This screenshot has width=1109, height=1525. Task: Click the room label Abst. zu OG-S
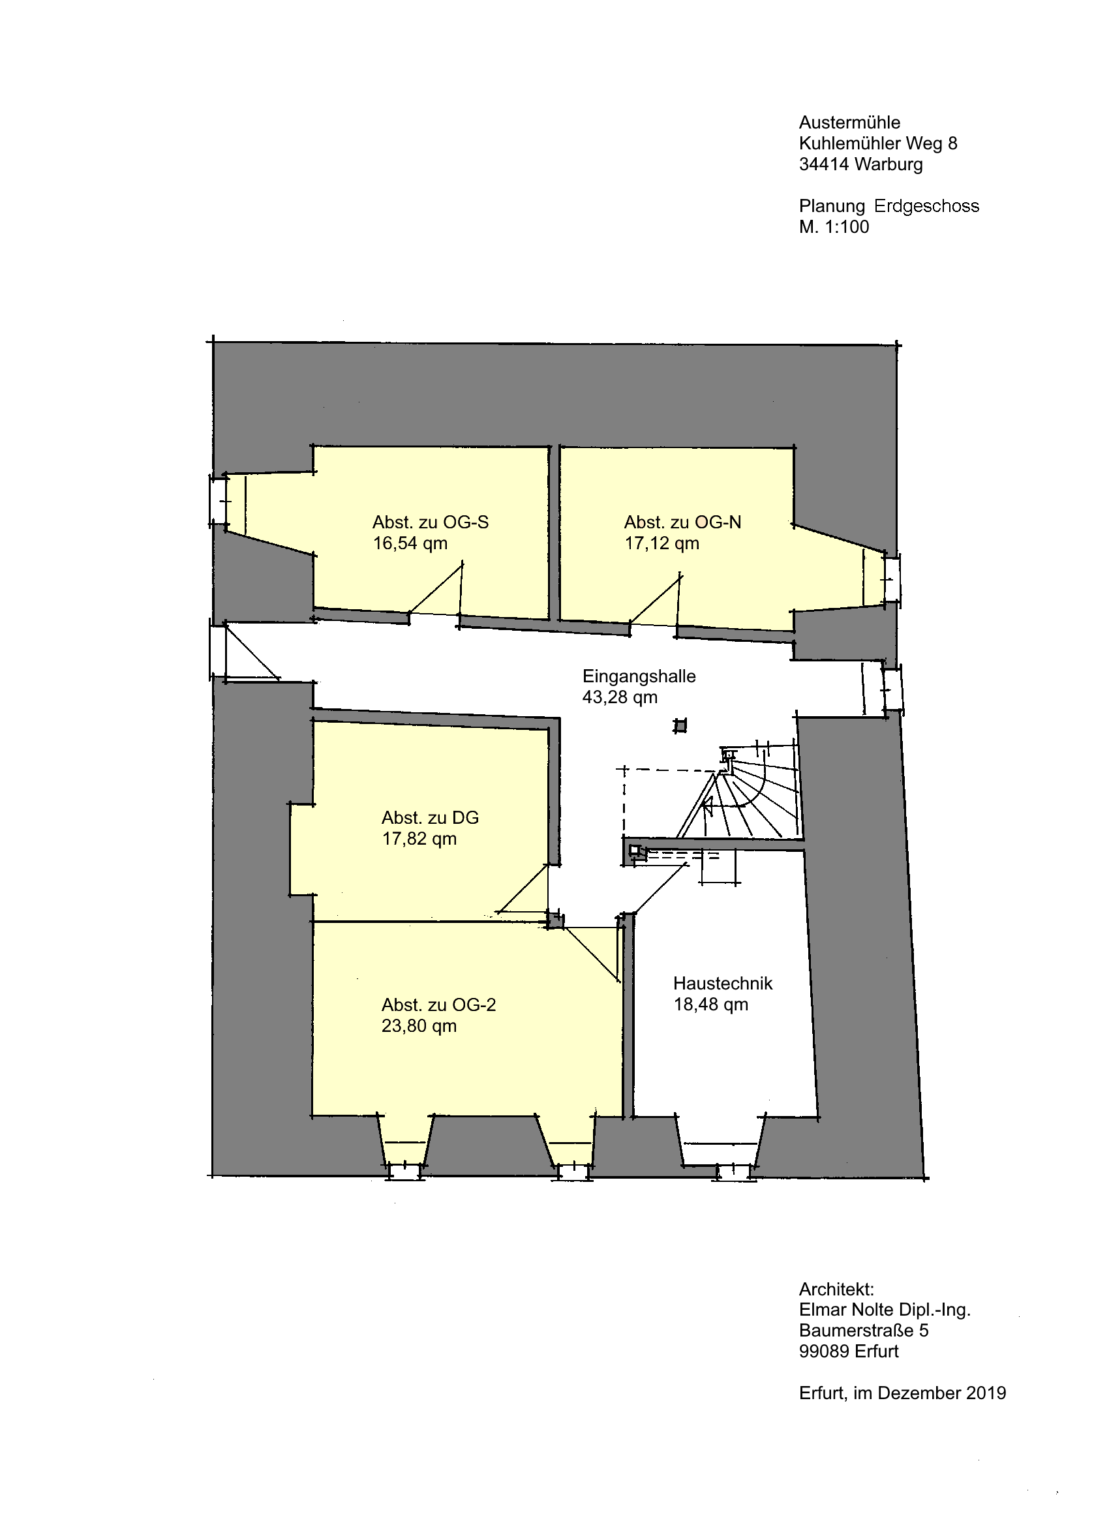point(431,522)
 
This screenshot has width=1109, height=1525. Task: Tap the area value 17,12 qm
point(661,543)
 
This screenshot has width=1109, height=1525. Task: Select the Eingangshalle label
point(639,676)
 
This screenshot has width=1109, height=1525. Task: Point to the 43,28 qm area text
point(619,697)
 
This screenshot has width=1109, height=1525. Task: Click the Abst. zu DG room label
point(430,819)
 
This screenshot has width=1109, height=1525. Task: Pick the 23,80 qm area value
point(419,1026)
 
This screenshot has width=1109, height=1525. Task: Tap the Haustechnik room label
point(723,984)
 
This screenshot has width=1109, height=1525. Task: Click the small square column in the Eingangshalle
point(680,725)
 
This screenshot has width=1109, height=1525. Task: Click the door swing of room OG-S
point(435,589)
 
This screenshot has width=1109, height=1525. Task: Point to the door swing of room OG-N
point(655,598)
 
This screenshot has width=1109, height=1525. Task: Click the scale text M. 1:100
point(834,227)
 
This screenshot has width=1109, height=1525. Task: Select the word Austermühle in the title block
point(849,123)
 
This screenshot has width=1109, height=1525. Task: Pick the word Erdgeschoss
point(926,206)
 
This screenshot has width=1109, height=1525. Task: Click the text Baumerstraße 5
point(864,1331)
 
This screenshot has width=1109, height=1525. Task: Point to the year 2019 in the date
point(986,1393)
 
